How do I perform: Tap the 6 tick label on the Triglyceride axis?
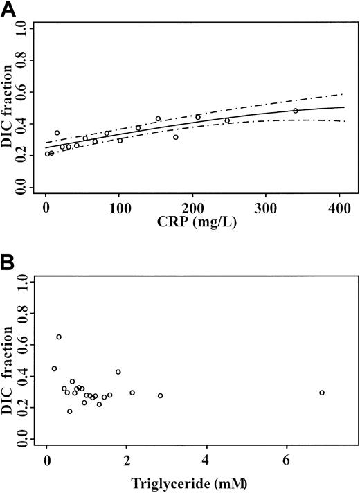pyautogui.click(x=286, y=460)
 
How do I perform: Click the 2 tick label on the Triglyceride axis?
pyautogui.click(x=127, y=460)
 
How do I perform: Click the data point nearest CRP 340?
pyautogui.click(x=296, y=111)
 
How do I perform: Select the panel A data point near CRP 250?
pyautogui.click(x=227, y=120)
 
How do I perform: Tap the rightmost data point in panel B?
pyautogui.click(x=322, y=393)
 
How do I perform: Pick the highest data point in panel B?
pyautogui.click(x=59, y=337)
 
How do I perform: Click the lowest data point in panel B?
pyautogui.click(x=69, y=411)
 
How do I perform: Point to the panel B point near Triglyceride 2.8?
pyautogui.click(x=160, y=396)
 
